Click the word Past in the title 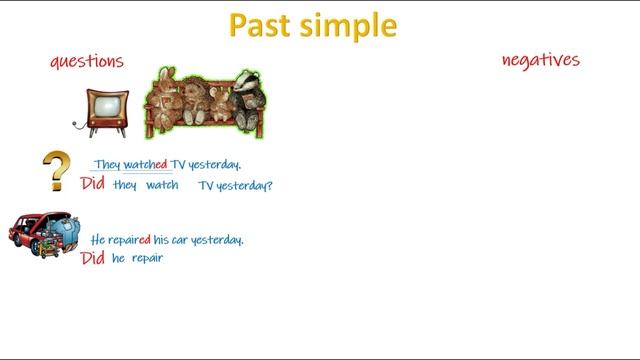pyautogui.click(x=263, y=25)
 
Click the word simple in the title pyautogui.click(x=349, y=27)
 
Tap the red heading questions pyautogui.click(x=87, y=61)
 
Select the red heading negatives pyautogui.click(x=540, y=60)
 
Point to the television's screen pyautogui.click(x=103, y=107)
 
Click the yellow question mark pyautogui.click(x=57, y=171)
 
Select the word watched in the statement pyautogui.click(x=146, y=165)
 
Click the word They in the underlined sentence pyautogui.click(x=108, y=165)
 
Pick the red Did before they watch pyautogui.click(x=92, y=184)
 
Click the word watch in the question pyautogui.click(x=162, y=185)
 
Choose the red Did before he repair pyautogui.click(x=92, y=258)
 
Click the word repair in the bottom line pyautogui.click(x=147, y=259)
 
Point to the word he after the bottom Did pyautogui.click(x=118, y=258)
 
